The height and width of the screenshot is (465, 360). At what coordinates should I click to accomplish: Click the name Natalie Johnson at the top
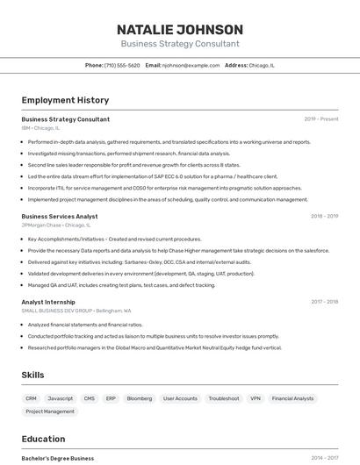click(180, 29)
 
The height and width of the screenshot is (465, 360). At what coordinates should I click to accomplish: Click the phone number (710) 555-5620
click(121, 65)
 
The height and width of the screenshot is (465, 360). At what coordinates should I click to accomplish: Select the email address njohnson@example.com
click(191, 65)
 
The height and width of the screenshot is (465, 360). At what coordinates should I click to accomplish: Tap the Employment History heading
click(65, 100)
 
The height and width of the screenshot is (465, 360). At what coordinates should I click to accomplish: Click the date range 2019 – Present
click(320, 119)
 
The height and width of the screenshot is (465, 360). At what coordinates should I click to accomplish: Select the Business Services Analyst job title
click(60, 216)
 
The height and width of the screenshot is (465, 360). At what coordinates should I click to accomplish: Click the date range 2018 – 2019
click(324, 216)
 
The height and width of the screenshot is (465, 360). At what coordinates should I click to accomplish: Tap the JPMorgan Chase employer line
click(56, 225)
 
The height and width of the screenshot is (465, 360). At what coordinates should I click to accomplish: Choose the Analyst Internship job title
click(48, 302)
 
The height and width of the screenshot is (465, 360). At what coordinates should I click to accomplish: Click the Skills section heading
click(32, 375)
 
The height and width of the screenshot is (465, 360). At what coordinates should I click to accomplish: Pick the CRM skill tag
click(32, 398)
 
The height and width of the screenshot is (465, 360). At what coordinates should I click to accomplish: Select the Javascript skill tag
click(61, 398)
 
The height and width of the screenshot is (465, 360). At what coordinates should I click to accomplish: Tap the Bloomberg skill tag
click(140, 398)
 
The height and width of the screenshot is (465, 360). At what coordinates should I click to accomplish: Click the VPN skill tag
click(255, 398)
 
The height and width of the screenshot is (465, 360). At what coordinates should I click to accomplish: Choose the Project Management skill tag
click(50, 411)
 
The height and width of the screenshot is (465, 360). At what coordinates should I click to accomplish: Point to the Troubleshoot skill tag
click(224, 398)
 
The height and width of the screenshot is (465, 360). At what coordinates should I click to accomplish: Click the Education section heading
click(43, 439)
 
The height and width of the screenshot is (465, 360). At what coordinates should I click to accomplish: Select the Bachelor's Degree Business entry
click(58, 458)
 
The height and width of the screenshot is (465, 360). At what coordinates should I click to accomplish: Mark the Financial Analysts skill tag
click(292, 398)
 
